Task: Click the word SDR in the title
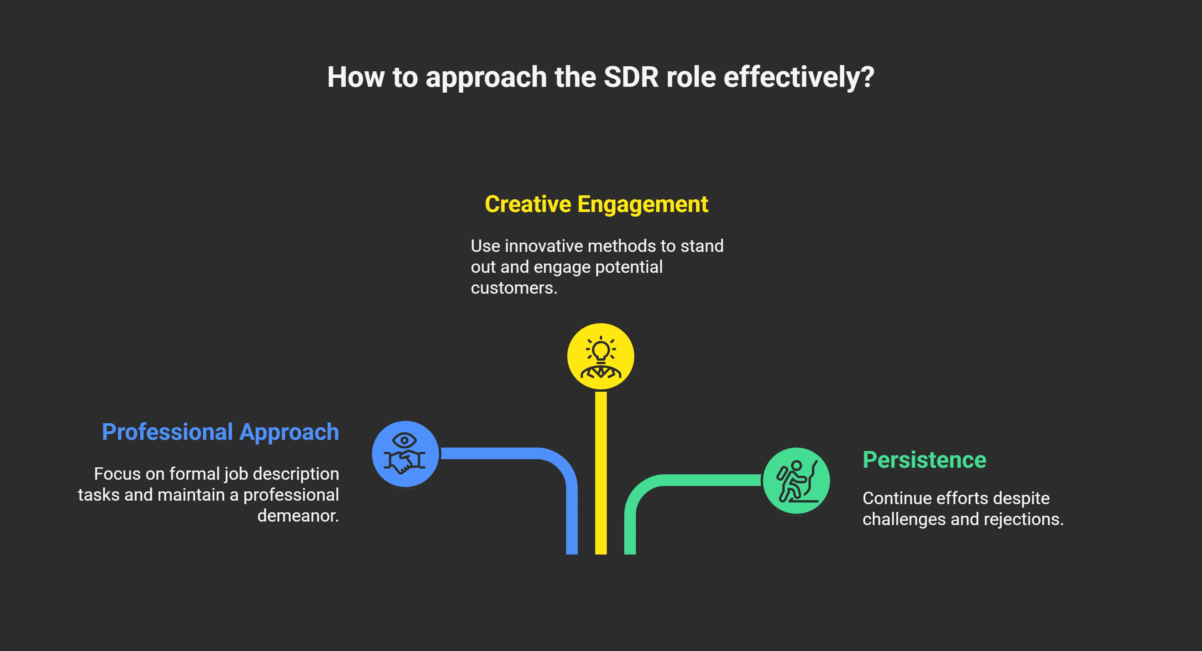[631, 77]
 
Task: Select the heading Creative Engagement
[596, 204]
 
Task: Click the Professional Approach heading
[220, 432]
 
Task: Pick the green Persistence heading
[925, 460]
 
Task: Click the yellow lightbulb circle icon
[601, 356]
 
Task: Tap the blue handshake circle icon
[405, 454]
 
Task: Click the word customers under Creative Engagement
[513, 288]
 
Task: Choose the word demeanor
[298, 516]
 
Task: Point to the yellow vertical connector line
[601, 471]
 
